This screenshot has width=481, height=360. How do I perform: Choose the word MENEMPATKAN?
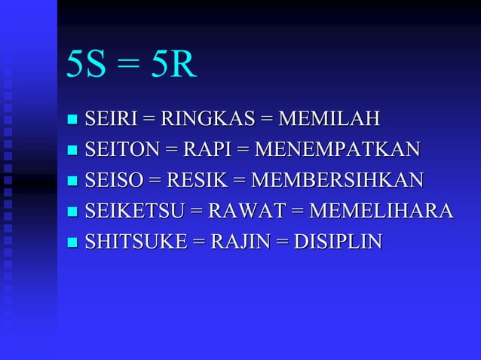(338, 149)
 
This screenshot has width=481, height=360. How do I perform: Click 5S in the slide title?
(86, 66)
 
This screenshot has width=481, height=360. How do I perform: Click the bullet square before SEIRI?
(72, 120)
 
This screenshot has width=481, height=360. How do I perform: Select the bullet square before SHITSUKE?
(72, 243)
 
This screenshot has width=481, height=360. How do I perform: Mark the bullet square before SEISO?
(72, 182)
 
